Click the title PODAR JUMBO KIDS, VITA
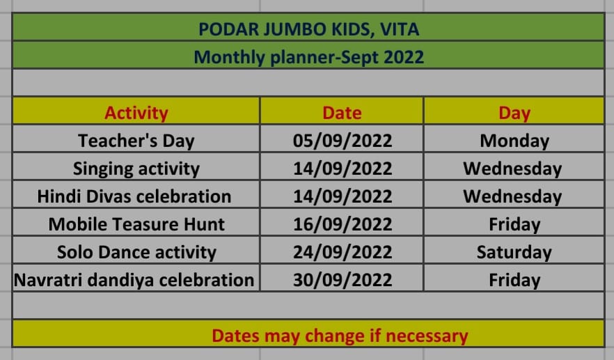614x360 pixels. (308, 29)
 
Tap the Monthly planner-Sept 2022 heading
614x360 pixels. (308, 57)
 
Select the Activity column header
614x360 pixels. (136, 113)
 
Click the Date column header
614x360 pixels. (342, 113)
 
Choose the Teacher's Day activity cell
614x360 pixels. (136, 141)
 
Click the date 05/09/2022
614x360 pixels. (343, 141)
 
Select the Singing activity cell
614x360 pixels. (136, 169)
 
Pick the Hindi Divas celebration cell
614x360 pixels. (134, 196)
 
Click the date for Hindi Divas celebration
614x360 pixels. (343, 196)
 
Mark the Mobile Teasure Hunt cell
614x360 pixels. (136, 224)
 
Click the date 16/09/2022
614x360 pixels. (343, 224)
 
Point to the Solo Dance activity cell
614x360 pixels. (136, 252)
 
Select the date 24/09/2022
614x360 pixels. (343, 252)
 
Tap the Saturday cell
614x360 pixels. (514, 252)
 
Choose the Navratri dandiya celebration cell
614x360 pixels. (134, 280)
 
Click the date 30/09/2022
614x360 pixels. (343, 280)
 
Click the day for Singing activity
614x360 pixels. (512, 169)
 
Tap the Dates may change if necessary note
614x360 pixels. (340, 336)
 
